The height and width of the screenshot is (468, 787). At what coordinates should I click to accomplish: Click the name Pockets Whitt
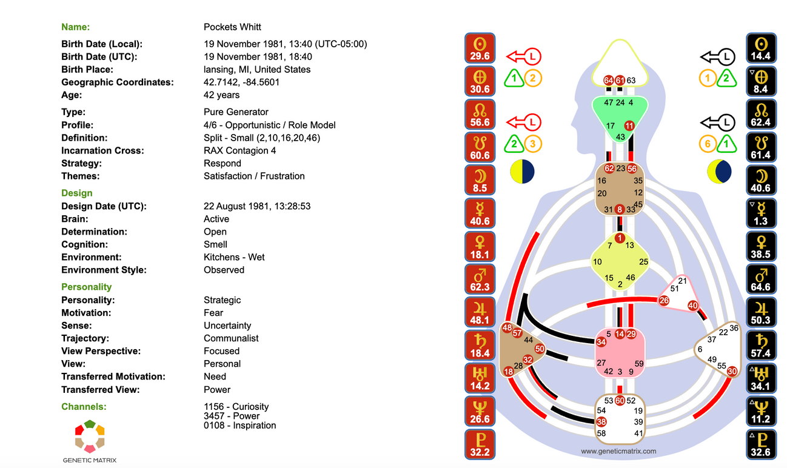(232, 27)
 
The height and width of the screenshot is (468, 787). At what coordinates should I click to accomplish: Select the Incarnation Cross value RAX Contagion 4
(239, 151)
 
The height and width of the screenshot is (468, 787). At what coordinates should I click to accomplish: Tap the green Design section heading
(77, 193)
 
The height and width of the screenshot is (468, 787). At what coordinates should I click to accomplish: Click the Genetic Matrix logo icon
(90, 436)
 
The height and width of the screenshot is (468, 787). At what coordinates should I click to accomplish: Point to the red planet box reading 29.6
(480, 48)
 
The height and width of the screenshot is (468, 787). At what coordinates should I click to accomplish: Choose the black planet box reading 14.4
(761, 48)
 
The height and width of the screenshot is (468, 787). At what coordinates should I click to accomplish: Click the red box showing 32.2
(480, 444)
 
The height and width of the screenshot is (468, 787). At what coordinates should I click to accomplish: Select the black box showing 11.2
(761, 411)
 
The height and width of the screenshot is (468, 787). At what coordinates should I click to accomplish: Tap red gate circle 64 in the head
(609, 81)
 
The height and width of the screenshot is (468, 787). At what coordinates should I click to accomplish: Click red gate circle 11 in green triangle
(629, 125)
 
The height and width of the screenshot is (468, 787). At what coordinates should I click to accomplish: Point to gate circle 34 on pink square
(601, 342)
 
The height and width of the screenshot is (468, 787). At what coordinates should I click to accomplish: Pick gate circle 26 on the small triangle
(664, 301)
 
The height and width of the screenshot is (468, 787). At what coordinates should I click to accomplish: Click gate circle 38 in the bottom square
(601, 421)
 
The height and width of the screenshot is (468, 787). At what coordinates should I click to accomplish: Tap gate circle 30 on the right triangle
(732, 371)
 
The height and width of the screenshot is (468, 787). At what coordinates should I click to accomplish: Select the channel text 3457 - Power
(232, 416)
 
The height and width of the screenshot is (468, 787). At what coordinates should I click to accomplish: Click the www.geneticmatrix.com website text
(618, 451)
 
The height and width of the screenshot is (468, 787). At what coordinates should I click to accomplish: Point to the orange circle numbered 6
(707, 144)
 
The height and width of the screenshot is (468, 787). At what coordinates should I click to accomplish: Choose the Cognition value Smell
(215, 244)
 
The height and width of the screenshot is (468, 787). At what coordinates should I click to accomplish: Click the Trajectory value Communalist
(231, 338)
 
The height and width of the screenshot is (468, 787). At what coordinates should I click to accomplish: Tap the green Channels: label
(84, 407)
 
